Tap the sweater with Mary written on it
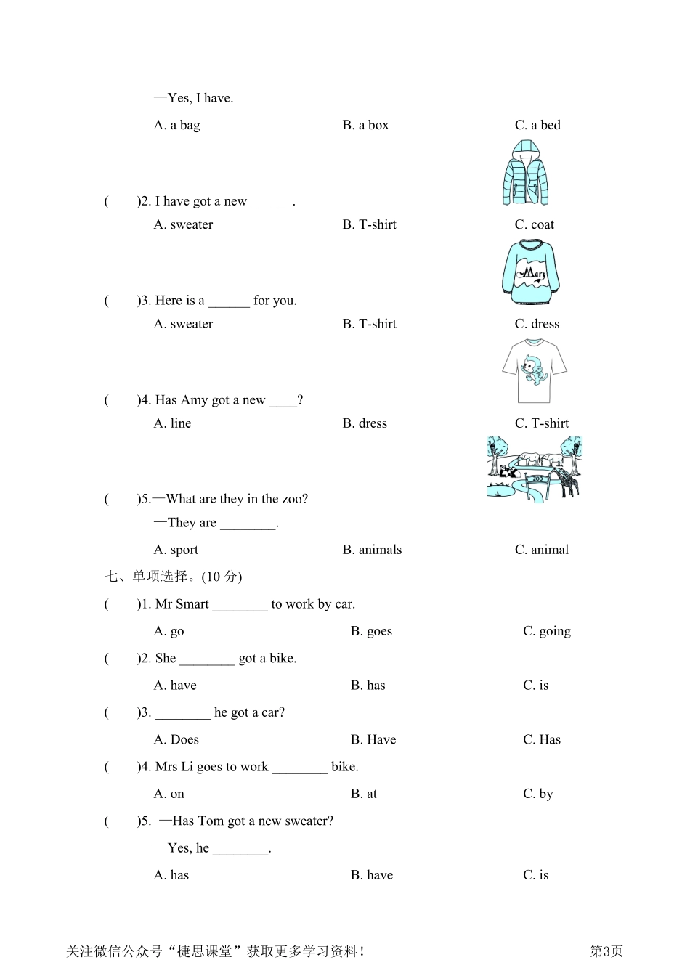click(530, 273)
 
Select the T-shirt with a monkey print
click(534, 371)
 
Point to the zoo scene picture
click(534, 468)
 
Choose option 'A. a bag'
click(176, 125)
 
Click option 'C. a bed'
click(537, 125)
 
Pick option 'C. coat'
click(534, 224)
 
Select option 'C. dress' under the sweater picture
click(537, 324)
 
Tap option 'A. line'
click(172, 423)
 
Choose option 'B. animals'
click(372, 550)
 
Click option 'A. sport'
click(176, 550)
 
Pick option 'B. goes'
click(371, 631)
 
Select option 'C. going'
click(546, 631)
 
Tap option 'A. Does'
click(176, 739)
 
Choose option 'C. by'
click(537, 794)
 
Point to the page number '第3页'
click(606, 951)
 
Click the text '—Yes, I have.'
click(193, 98)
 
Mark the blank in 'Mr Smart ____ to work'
click(240, 605)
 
